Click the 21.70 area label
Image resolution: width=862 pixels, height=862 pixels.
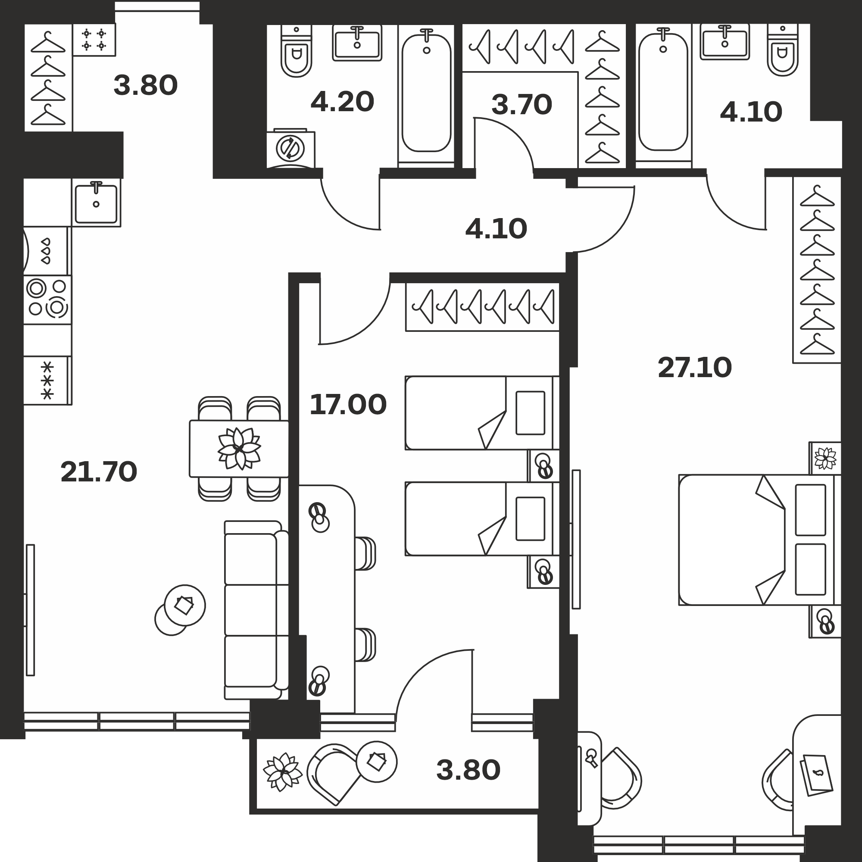click(x=99, y=472)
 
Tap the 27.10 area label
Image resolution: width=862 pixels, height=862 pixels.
click(x=695, y=368)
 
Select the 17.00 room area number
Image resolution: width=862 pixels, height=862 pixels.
click(x=348, y=405)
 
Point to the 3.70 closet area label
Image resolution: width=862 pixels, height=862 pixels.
click(x=522, y=105)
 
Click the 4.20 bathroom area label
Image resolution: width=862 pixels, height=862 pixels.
click(x=342, y=102)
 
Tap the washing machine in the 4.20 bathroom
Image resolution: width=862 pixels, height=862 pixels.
click(x=290, y=149)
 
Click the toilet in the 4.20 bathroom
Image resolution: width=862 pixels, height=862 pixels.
click(x=296, y=51)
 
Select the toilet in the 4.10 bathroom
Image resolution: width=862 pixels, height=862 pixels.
click(x=783, y=50)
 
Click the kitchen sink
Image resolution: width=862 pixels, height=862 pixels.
click(x=96, y=203)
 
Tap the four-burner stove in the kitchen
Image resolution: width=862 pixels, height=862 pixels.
click(x=47, y=300)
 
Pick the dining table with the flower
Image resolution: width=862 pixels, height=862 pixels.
click(x=239, y=448)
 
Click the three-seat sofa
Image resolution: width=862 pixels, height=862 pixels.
click(x=256, y=610)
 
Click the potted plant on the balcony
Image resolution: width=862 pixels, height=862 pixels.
click(x=282, y=772)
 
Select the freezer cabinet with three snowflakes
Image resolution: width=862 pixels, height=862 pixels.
click(x=47, y=381)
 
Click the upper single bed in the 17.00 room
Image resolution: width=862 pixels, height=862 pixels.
click(x=482, y=413)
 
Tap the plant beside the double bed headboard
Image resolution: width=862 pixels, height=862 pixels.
click(x=825, y=458)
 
